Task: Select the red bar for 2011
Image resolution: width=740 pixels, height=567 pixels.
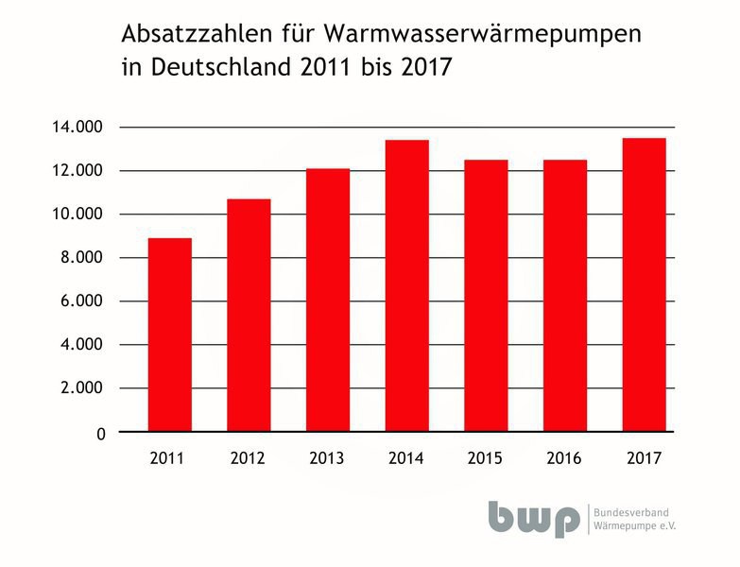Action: pos(169,335)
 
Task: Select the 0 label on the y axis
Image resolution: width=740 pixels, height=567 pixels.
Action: pos(99,433)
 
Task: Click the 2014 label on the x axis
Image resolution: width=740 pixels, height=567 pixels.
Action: pos(405,459)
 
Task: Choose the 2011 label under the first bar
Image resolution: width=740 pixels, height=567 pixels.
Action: pos(168,459)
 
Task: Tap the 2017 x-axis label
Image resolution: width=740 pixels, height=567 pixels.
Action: pos(644,459)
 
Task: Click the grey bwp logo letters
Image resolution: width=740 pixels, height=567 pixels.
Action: pos(534,518)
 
